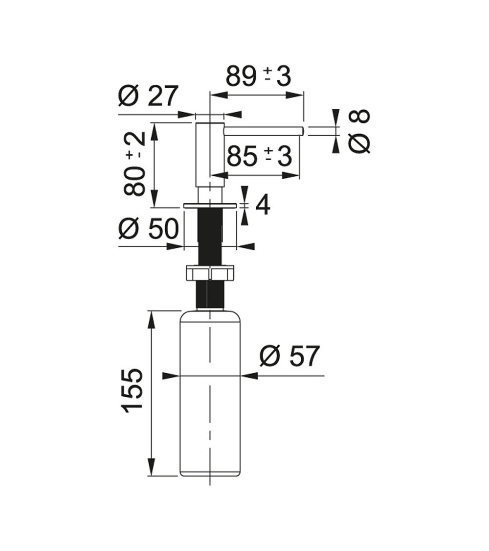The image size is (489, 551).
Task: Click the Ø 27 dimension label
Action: [x=148, y=96]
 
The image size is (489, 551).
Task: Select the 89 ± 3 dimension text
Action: [x=258, y=76]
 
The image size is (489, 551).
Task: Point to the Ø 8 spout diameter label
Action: [x=359, y=131]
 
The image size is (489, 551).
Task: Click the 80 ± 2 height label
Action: [x=134, y=164]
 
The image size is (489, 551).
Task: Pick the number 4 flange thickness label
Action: [x=263, y=205]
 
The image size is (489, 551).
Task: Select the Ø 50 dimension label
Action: [x=148, y=228]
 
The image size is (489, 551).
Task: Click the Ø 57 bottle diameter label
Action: [x=289, y=356]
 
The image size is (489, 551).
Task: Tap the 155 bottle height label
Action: [x=133, y=390]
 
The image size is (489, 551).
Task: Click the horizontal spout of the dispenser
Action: [x=264, y=131]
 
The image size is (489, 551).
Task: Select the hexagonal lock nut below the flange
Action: [x=210, y=273]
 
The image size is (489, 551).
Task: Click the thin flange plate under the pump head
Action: [x=210, y=206]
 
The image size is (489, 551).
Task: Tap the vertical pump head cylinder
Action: [x=210, y=154]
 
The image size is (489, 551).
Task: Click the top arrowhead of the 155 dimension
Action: [x=152, y=318]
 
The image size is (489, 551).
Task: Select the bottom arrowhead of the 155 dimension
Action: [x=152, y=468]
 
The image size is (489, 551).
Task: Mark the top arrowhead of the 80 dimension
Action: [x=155, y=131]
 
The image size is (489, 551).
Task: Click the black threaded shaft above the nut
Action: [x=210, y=238]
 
